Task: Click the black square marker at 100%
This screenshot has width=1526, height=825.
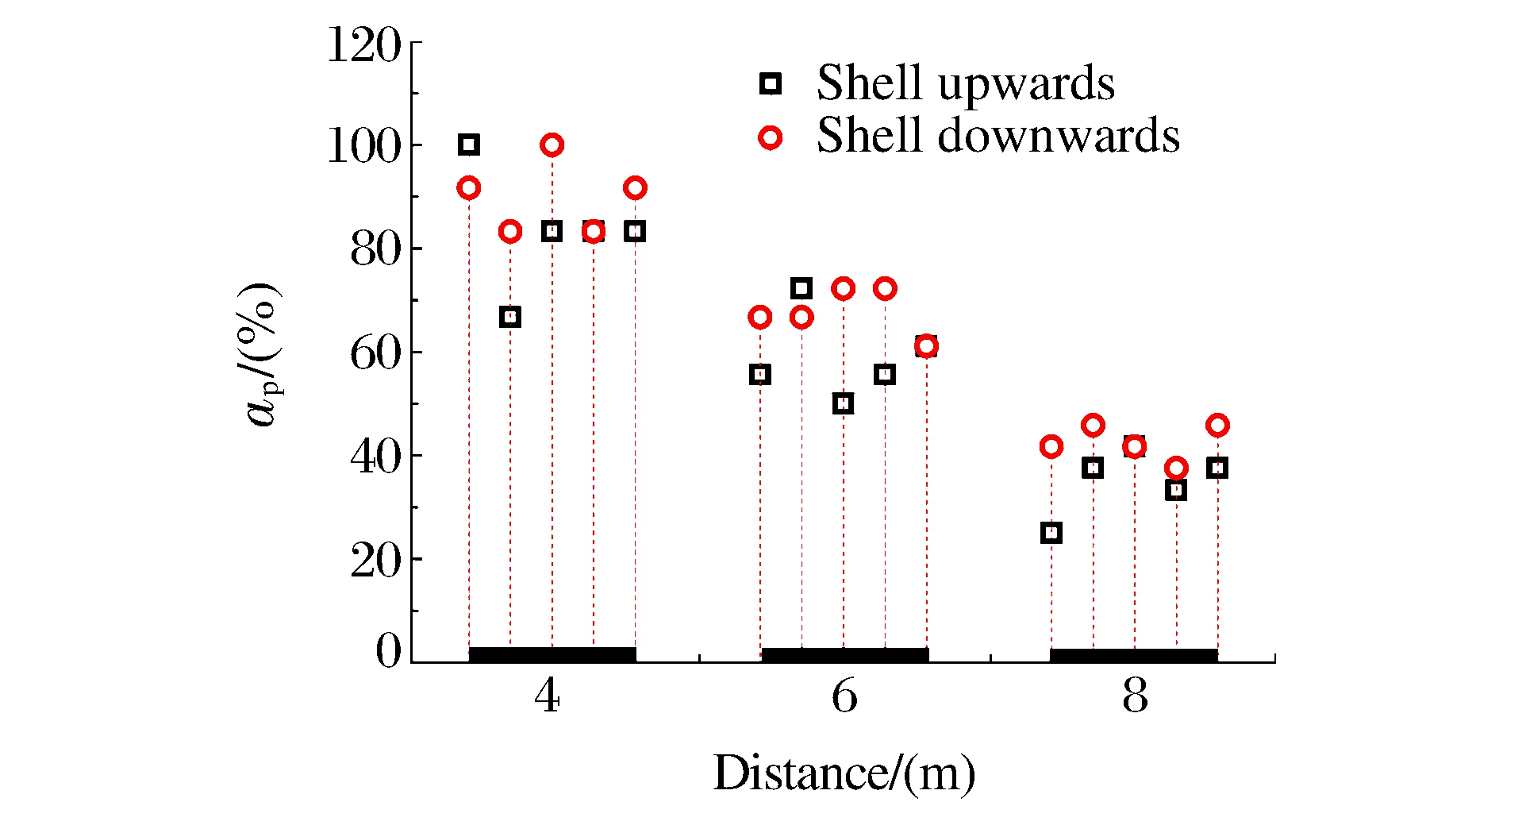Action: [468, 145]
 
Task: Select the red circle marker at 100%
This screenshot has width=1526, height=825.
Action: [552, 145]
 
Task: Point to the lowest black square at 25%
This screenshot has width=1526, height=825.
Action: [1051, 533]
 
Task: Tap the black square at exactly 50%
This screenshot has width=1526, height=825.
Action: [844, 403]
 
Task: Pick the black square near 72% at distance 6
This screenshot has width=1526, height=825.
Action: [801, 288]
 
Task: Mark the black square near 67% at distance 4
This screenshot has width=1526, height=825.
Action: [510, 317]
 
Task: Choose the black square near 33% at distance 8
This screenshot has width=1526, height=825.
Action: [1176, 490]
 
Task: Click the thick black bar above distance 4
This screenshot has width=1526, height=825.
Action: [552, 655]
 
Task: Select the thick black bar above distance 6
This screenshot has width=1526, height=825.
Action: [844, 655]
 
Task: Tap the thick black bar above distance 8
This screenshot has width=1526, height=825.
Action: [1133, 656]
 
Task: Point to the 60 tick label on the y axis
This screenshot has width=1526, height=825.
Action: [375, 353]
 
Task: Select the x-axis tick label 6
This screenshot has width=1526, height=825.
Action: [844, 696]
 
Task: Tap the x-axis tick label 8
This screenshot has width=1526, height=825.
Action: [1135, 696]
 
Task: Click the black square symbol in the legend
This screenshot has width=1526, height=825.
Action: [771, 83]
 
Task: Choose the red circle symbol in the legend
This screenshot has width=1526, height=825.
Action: [770, 137]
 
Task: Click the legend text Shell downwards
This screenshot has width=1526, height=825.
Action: [997, 136]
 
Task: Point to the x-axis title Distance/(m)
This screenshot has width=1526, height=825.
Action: [844, 773]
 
